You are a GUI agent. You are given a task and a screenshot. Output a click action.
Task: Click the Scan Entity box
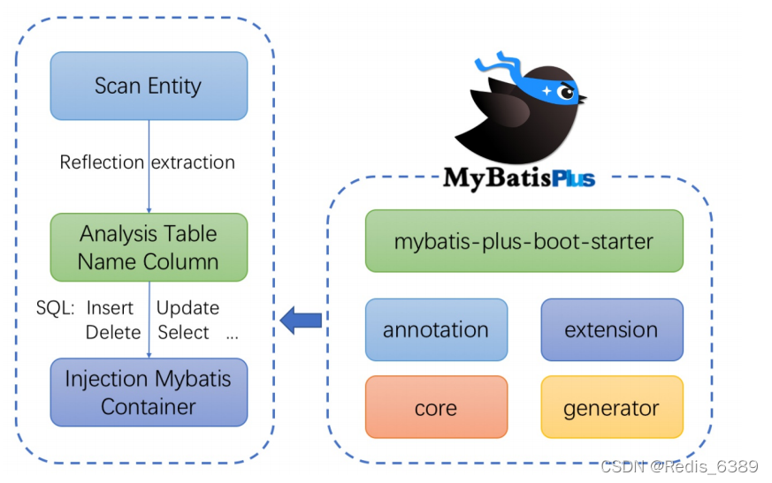[x=149, y=86]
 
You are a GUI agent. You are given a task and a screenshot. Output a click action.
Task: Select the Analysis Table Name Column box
[x=149, y=247]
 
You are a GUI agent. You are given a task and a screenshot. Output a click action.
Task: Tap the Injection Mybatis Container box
[x=149, y=392]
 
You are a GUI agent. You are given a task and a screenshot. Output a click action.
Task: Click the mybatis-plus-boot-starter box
[x=524, y=240]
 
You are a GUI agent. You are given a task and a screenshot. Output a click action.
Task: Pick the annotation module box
[x=436, y=330]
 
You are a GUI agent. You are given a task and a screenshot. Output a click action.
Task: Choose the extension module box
[x=611, y=330]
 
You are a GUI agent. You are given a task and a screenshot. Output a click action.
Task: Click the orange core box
[x=436, y=408]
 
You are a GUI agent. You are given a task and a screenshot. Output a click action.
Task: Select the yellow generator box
[x=611, y=408]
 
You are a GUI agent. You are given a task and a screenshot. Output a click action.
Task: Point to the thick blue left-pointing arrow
[x=301, y=320]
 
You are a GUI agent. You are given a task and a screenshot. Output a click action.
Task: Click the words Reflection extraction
[x=148, y=162]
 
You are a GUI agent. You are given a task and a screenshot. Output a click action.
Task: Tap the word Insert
[x=110, y=308]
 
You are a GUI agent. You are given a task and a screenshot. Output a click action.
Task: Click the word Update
[x=187, y=308]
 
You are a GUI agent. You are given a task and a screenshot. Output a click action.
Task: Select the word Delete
[x=113, y=333]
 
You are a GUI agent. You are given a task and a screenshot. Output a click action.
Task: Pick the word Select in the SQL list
[x=184, y=333]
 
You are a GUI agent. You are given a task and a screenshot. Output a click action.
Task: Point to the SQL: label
[x=55, y=308]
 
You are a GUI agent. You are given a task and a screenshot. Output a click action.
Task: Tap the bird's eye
[x=567, y=91]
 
